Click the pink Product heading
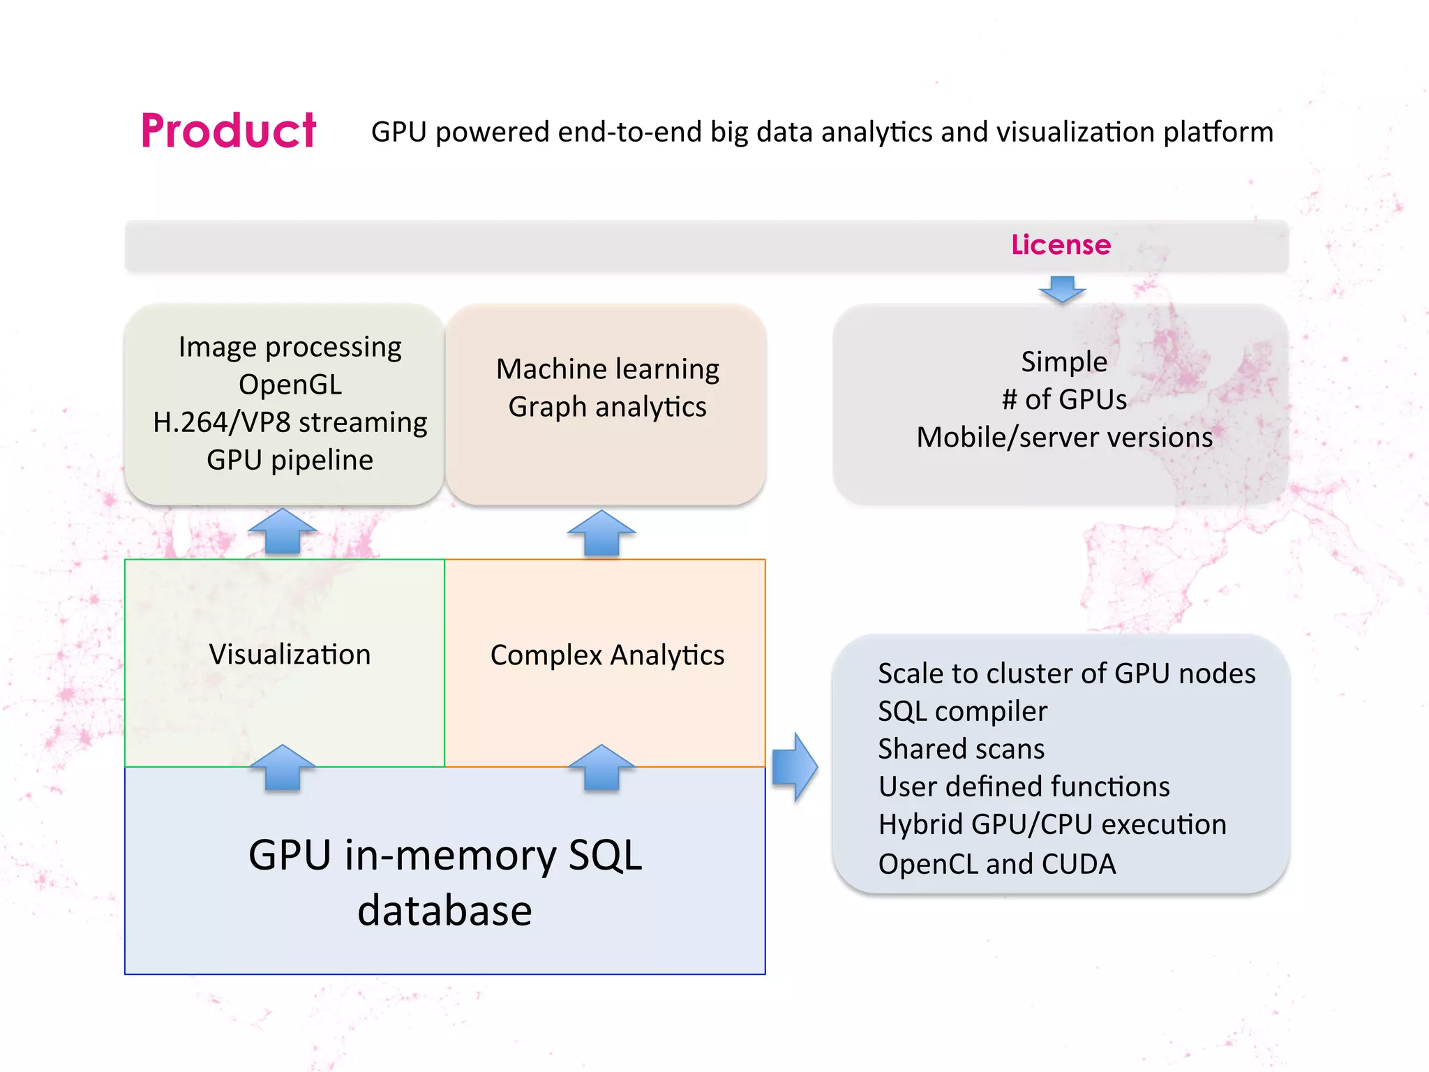(x=228, y=131)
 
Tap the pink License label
(x=1061, y=245)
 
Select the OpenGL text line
(x=290, y=385)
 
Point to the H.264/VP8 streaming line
(x=290, y=422)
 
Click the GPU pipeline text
(x=290, y=460)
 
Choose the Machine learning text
(x=607, y=368)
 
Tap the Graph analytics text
(x=607, y=406)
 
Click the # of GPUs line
(x=1064, y=399)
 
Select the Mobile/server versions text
(x=1064, y=438)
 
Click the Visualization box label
(x=290, y=655)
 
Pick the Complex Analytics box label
(x=607, y=655)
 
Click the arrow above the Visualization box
(x=283, y=533)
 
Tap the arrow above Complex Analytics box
(x=601, y=534)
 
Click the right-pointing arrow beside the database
(x=795, y=767)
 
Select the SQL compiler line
(x=962, y=711)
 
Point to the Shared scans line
(x=961, y=749)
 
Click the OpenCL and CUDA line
(x=996, y=864)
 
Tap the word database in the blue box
(x=444, y=911)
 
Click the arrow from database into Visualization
(x=283, y=768)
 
